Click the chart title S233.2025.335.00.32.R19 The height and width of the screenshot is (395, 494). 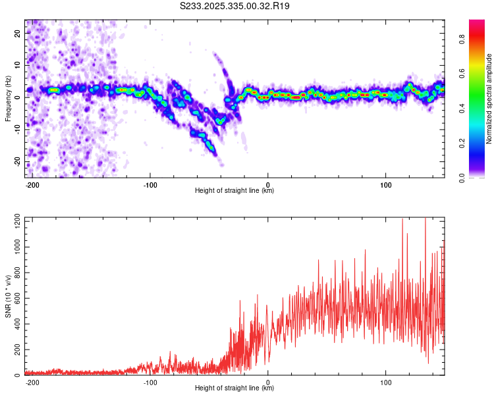(x=235, y=6)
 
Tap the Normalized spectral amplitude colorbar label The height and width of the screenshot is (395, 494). (x=489, y=99)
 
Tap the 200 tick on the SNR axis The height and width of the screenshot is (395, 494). (x=15, y=350)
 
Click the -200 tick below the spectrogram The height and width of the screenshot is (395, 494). (x=32, y=184)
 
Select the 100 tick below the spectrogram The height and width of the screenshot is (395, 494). (x=385, y=184)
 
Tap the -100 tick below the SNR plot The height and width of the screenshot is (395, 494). (x=150, y=382)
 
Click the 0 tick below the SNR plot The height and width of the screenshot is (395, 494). (x=268, y=382)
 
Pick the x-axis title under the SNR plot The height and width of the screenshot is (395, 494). (x=234, y=388)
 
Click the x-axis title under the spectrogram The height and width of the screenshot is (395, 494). (x=234, y=191)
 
